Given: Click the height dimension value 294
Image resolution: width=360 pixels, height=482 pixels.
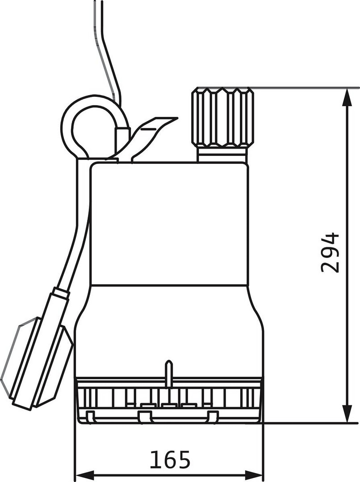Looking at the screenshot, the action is pos(330,253).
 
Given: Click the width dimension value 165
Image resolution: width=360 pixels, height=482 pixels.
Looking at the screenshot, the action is pos(170,460).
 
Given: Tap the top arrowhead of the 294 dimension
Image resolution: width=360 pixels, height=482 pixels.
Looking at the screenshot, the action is pos(347,97).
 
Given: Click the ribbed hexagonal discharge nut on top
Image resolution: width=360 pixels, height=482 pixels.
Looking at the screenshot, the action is pos(223,117).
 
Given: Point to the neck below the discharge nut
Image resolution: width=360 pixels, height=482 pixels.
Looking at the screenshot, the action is pos(222,154).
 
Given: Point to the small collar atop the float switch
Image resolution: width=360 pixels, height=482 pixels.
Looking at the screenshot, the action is pos(61,292).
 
